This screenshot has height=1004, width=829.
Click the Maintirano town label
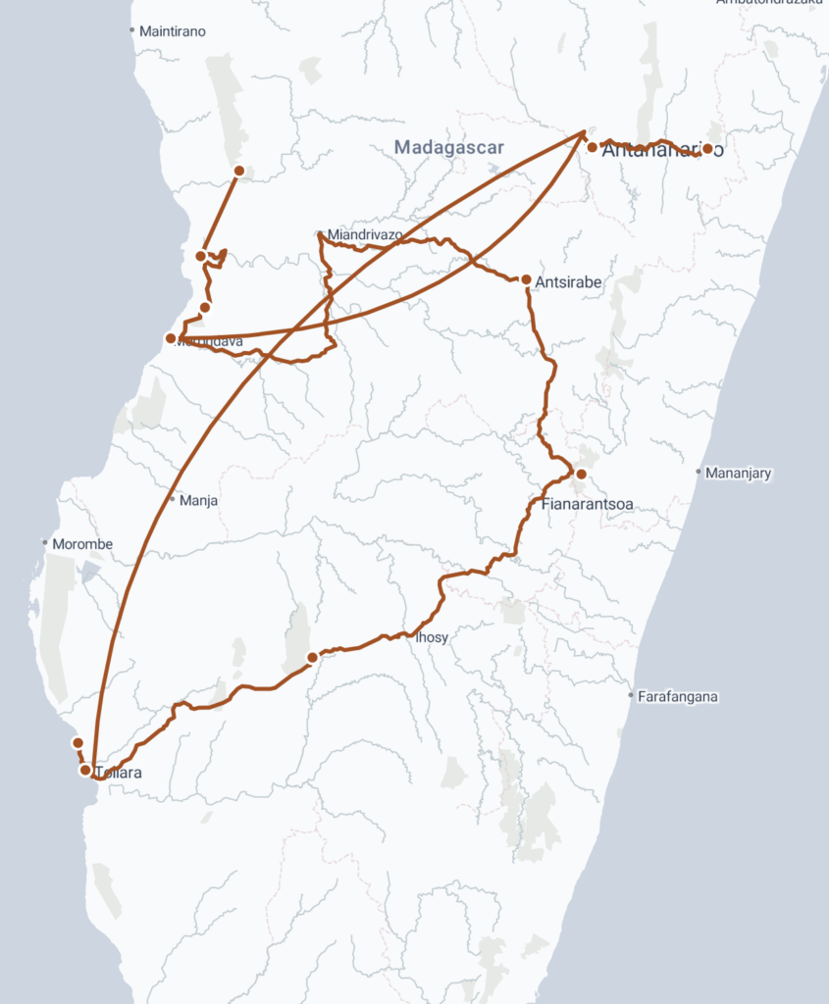(x=173, y=31)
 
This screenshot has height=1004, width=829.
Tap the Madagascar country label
(x=448, y=148)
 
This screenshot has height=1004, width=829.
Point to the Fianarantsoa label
(x=588, y=505)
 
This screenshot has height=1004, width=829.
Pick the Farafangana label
(x=678, y=697)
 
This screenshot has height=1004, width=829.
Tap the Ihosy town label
(x=432, y=637)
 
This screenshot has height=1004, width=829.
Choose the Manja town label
(x=199, y=500)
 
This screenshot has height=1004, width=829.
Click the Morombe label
(x=82, y=544)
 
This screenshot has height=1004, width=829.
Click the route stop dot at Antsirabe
(x=527, y=280)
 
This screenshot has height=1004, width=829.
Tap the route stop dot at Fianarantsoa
(x=581, y=475)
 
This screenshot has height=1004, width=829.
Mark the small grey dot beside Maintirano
(x=132, y=30)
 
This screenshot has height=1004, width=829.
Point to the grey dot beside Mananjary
(x=699, y=473)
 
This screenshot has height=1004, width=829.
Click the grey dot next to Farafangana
(x=631, y=696)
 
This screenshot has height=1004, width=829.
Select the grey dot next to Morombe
(x=45, y=542)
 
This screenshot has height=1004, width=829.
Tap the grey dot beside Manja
(x=173, y=499)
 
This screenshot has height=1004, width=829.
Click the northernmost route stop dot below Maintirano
(x=238, y=171)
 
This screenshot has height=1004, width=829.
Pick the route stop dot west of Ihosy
(x=312, y=657)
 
